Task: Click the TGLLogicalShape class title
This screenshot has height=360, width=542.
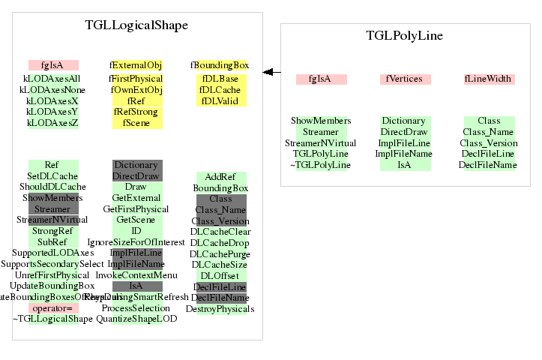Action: pyautogui.click(x=136, y=25)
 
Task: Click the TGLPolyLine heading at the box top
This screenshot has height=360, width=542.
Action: pyautogui.click(x=404, y=35)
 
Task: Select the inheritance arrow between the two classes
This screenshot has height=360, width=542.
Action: pyautogui.click(x=271, y=72)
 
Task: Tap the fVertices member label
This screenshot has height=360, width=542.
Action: pyautogui.click(x=405, y=79)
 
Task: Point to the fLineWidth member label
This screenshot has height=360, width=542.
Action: pyautogui.click(x=488, y=79)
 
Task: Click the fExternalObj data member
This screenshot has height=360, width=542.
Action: pyautogui.click(x=136, y=65)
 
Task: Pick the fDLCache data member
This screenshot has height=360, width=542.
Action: pyautogui.click(x=220, y=89)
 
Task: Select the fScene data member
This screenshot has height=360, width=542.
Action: pyautogui.click(x=136, y=122)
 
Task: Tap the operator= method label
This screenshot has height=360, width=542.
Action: pyautogui.click(x=52, y=307)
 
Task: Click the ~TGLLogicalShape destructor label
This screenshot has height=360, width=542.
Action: pyautogui.click(x=52, y=319)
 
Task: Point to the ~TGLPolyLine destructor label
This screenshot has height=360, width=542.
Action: pyautogui.click(x=321, y=165)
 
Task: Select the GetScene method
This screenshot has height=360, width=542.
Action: pyautogui.click(x=136, y=220)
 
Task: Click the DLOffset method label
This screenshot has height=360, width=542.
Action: pyautogui.click(x=220, y=275)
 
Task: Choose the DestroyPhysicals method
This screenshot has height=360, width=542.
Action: pyautogui.click(x=220, y=308)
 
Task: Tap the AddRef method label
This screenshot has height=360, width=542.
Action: pyautogui.click(x=220, y=176)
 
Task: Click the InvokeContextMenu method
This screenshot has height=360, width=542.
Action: pyautogui.click(x=136, y=275)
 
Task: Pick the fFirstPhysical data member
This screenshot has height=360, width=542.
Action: pyautogui.click(x=136, y=78)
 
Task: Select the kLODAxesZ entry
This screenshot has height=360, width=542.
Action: pyautogui.click(x=52, y=122)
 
